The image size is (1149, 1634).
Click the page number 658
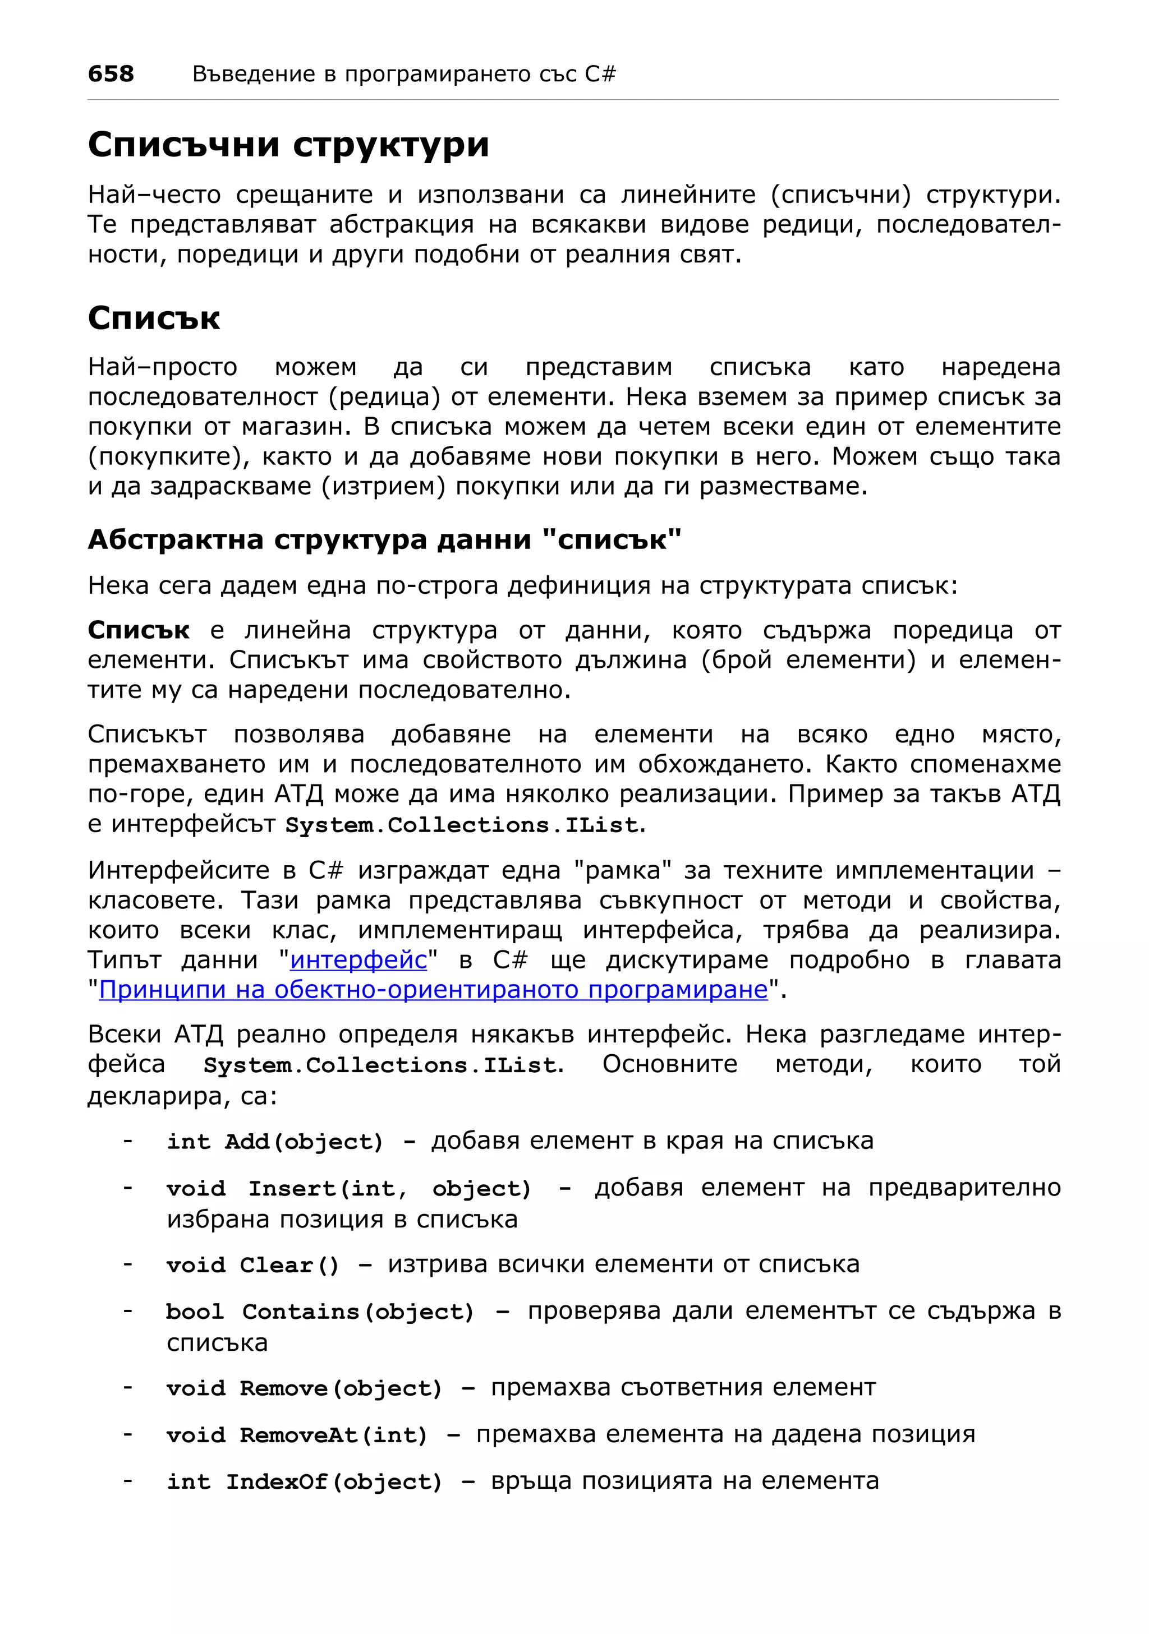pyautogui.click(x=111, y=73)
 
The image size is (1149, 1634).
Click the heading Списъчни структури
pyautogui.click(x=288, y=145)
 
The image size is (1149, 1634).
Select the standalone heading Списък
pyautogui.click(x=154, y=317)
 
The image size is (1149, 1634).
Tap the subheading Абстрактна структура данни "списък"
pyautogui.click(x=384, y=539)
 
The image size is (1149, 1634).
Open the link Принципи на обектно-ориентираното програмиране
pyautogui.click(x=433, y=990)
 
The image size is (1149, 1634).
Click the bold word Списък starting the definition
pyautogui.click(x=138, y=630)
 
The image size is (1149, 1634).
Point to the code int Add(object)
pyautogui.click(x=275, y=1142)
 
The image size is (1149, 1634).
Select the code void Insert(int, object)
pyautogui.click(x=349, y=1189)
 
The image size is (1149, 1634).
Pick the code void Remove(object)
pyautogui.click(x=304, y=1388)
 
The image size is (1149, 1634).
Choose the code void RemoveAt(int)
pyautogui.click(x=297, y=1435)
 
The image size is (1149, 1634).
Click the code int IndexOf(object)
pyautogui.click(x=304, y=1483)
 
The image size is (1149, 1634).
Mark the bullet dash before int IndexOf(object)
pyautogui.click(x=127, y=1481)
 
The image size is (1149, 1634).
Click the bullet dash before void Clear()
pyautogui.click(x=127, y=1264)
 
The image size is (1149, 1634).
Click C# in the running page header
pyautogui.click(x=600, y=74)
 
